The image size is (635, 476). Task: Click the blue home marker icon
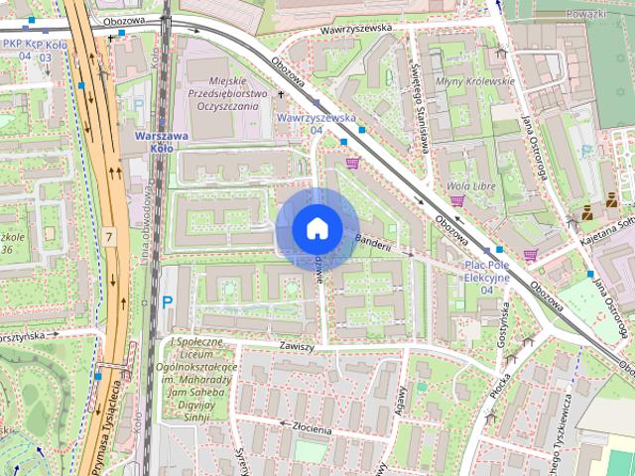(317, 228)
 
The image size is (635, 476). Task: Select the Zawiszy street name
(297, 346)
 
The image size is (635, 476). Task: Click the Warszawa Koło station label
(154, 142)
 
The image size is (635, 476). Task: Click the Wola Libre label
(472, 184)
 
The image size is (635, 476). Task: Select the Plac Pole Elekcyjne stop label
(487, 272)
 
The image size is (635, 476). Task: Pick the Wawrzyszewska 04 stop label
(317, 123)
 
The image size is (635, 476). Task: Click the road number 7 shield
(108, 237)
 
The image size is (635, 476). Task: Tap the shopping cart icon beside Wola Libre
(457, 200)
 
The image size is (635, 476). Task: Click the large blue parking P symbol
(167, 302)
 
